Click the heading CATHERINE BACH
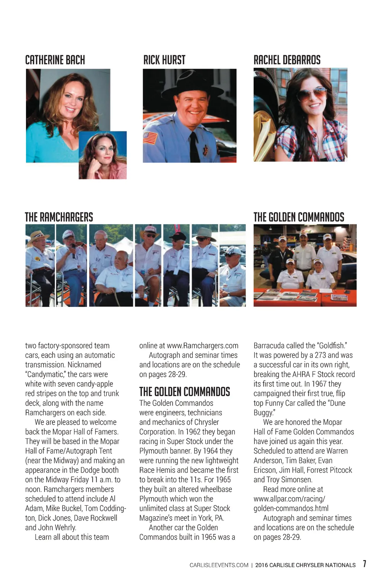click(55, 60)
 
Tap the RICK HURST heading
click(164, 60)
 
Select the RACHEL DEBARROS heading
click(287, 60)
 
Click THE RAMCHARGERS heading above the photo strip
click(59, 217)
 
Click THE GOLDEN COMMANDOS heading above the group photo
click(299, 217)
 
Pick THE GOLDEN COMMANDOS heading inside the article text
click(185, 392)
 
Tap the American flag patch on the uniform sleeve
click(150, 138)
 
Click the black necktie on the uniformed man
click(194, 147)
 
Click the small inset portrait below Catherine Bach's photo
click(103, 155)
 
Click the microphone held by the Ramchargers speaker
click(73, 250)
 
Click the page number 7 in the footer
click(365, 564)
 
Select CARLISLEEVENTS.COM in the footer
click(219, 565)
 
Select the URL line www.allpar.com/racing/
click(289, 499)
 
